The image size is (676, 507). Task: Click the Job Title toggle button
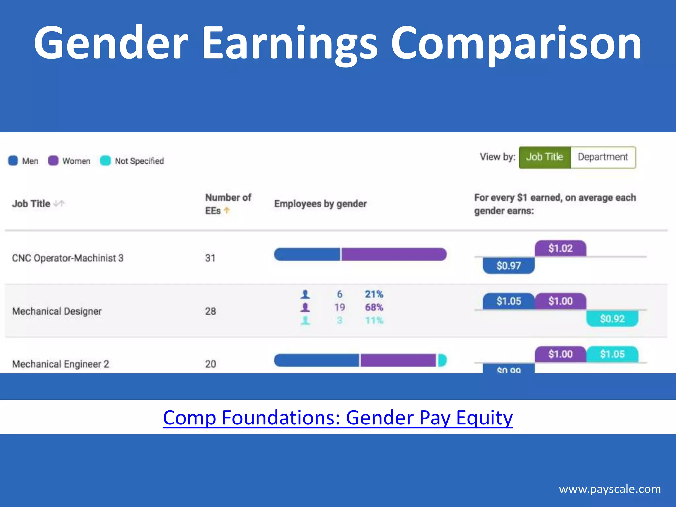(544, 157)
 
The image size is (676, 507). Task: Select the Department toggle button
(603, 157)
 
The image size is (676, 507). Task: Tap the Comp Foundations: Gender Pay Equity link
(338, 418)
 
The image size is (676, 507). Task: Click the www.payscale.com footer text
(610, 489)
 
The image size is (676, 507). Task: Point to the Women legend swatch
(53, 161)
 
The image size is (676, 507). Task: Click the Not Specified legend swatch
(105, 161)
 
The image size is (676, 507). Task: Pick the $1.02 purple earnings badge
(560, 248)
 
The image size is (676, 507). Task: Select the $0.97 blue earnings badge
(508, 266)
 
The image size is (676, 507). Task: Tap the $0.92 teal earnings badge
(612, 319)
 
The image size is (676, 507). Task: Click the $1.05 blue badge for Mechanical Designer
(508, 301)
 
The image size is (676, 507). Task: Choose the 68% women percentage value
(374, 307)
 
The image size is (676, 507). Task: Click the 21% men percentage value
(374, 294)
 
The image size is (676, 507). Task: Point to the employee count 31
(210, 258)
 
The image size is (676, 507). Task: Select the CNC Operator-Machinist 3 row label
(68, 258)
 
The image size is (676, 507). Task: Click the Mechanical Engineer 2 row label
(60, 364)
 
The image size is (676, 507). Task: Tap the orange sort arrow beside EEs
(227, 210)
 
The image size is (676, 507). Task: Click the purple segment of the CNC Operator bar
(393, 254)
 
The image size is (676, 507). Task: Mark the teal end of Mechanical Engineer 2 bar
(442, 360)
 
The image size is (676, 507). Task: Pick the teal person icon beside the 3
(305, 321)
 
